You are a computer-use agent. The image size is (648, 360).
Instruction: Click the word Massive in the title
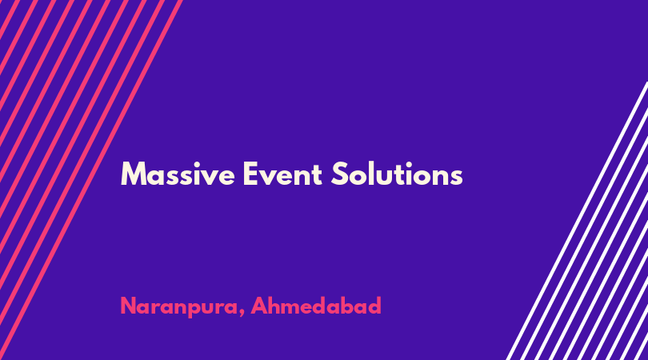click(x=178, y=174)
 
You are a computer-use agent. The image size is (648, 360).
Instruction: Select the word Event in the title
click(x=282, y=174)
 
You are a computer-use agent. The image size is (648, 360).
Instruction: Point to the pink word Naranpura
click(x=178, y=306)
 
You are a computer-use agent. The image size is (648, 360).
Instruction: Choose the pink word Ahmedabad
click(x=316, y=306)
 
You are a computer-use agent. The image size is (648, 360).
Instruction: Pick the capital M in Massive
click(x=132, y=174)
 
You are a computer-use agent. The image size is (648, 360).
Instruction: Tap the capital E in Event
click(x=250, y=174)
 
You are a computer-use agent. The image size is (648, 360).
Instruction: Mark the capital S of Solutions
click(x=339, y=174)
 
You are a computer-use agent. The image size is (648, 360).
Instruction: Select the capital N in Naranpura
click(x=129, y=306)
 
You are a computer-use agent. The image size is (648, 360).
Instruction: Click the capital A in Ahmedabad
click(x=259, y=306)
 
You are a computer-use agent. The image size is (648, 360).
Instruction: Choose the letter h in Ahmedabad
click(x=276, y=306)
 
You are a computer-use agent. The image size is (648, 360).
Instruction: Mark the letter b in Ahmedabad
click(x=348, y=306)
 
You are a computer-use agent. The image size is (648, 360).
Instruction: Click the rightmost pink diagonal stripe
click(x=90, y=180)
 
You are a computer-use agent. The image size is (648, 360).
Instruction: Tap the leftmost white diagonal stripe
click(x=578, y=221)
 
